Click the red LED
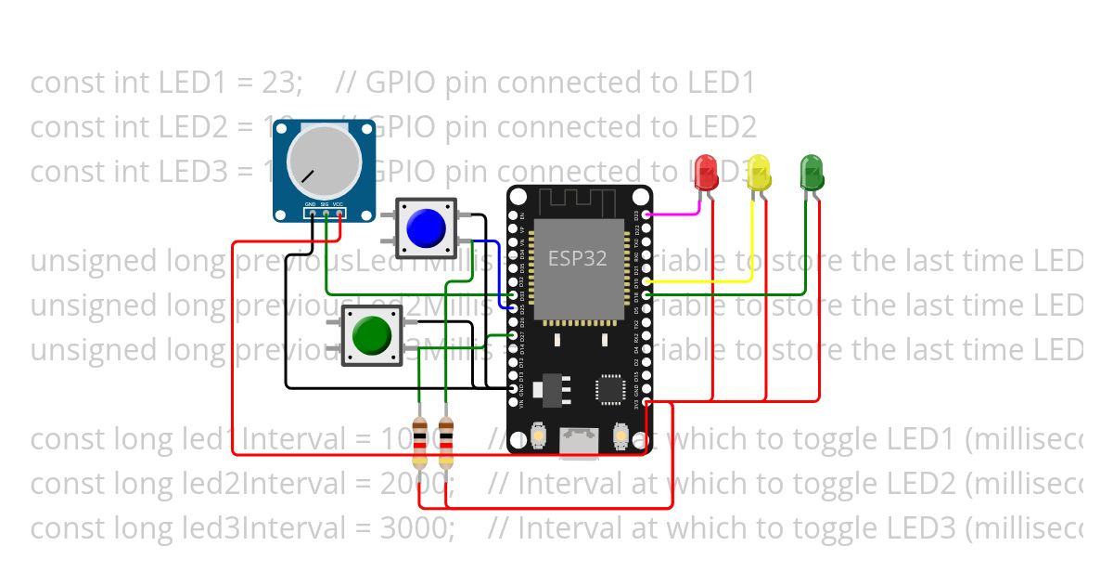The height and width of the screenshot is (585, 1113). [707, 171]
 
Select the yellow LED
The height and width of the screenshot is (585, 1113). [760, 173]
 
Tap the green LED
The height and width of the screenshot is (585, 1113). [812, 172]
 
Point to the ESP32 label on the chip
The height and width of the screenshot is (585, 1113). [577, 258]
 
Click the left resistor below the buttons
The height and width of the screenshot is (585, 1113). [420, 443]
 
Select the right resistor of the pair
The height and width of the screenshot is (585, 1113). [446, 443]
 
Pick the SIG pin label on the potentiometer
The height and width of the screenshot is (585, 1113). [325, 203]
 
